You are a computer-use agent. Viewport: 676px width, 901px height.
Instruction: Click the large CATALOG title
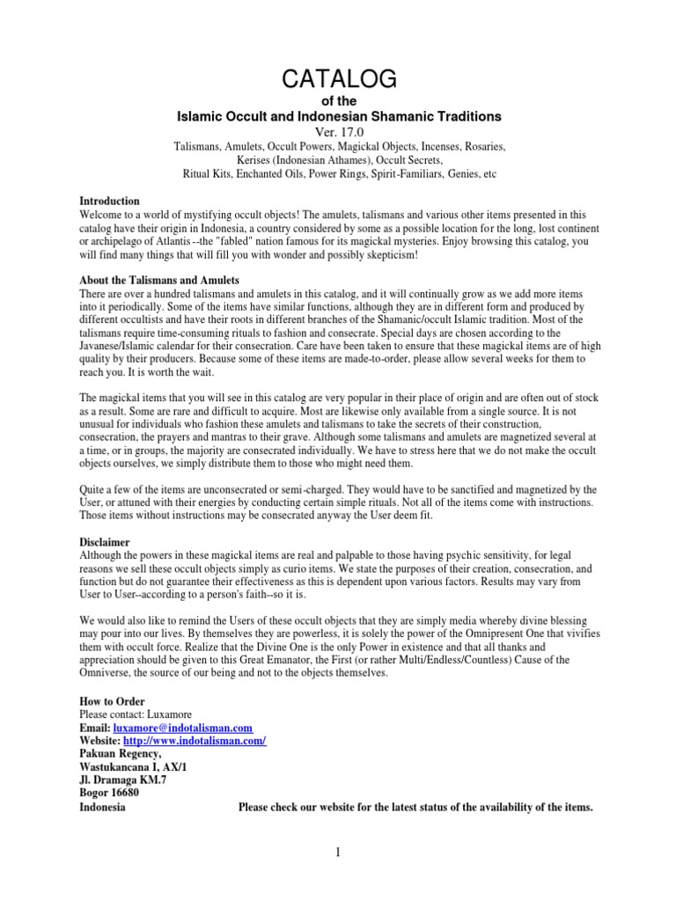[339, 79]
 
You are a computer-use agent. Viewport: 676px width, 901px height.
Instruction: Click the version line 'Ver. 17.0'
[339, 132]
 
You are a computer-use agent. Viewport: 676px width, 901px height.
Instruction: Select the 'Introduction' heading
[110, 201]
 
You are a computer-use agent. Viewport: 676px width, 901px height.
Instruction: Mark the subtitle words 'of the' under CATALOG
[339, 102]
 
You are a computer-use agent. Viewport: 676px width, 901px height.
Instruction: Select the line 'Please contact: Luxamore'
[135, 714]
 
